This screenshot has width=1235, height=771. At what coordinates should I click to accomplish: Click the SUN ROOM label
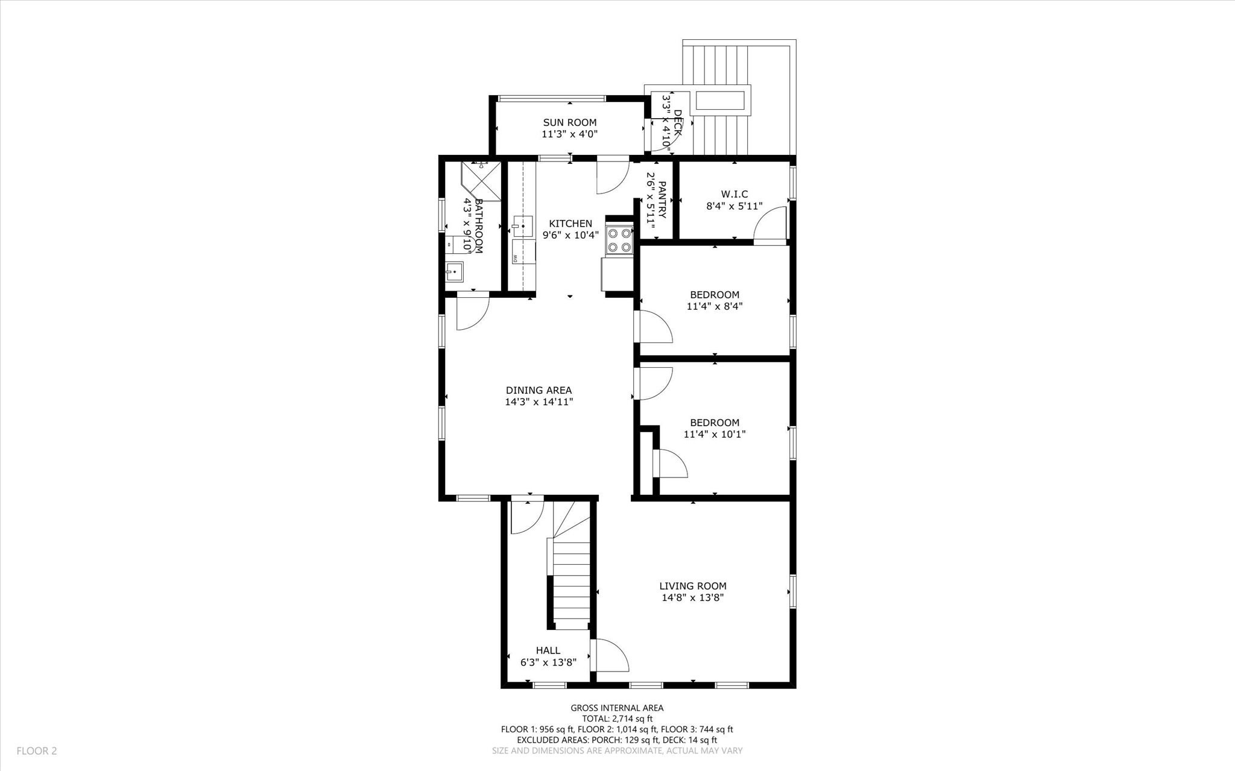[x=569, y=122]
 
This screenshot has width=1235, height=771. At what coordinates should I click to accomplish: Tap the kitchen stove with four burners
[x=619, y=239]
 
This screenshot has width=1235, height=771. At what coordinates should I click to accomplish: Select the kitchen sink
[x=523, y=226]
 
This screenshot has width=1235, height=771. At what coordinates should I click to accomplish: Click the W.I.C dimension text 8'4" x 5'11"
[x=734, y=206]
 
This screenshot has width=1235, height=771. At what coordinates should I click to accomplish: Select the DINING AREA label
[x=539, y=390]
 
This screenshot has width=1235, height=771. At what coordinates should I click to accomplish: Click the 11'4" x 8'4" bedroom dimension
[x=714, y=306]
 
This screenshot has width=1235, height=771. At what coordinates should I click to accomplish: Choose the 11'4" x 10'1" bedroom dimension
[x=714, y=434]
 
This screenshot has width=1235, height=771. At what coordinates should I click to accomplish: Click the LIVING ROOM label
[x=692, y=586]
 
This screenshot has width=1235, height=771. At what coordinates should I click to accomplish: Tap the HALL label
[x=548, y=650]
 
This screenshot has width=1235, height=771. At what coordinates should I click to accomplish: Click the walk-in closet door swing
[x=771, y=224]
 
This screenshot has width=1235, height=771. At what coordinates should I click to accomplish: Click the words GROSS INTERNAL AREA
[x=617, y=708]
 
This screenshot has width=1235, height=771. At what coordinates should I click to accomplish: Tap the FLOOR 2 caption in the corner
[x=37, y=751]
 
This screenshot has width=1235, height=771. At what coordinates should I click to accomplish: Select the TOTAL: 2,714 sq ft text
[x=617, y=719]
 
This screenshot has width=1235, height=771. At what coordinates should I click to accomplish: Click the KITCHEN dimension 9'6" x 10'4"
[x=570, y=236]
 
